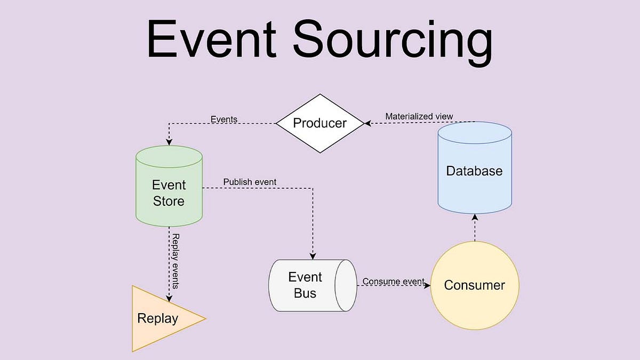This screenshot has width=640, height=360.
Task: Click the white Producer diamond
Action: click(x=319, y=123)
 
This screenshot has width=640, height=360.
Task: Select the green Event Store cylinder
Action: click(x=169, y=187)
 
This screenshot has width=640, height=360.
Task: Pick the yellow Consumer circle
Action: click(x=474, y=285)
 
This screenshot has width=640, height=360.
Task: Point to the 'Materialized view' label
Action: click(x=419, y=116)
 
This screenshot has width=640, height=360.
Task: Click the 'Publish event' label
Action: click(x=250, y=182)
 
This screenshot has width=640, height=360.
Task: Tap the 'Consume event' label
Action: click(x=393, y=281)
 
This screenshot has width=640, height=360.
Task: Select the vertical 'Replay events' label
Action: click(x=175, y=261)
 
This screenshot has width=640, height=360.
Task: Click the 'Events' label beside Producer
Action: click(x=224, y=119)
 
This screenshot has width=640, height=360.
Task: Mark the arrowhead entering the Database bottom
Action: click(x=474, y=217)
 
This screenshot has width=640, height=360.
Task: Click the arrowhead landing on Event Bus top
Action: click(x=313, y=255)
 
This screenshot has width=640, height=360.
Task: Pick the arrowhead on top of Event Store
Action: click(x=169, y=142)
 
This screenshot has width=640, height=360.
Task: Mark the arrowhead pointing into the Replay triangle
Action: click(x=169, y=298)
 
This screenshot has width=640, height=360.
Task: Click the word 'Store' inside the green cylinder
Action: click(x=169, y=201)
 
